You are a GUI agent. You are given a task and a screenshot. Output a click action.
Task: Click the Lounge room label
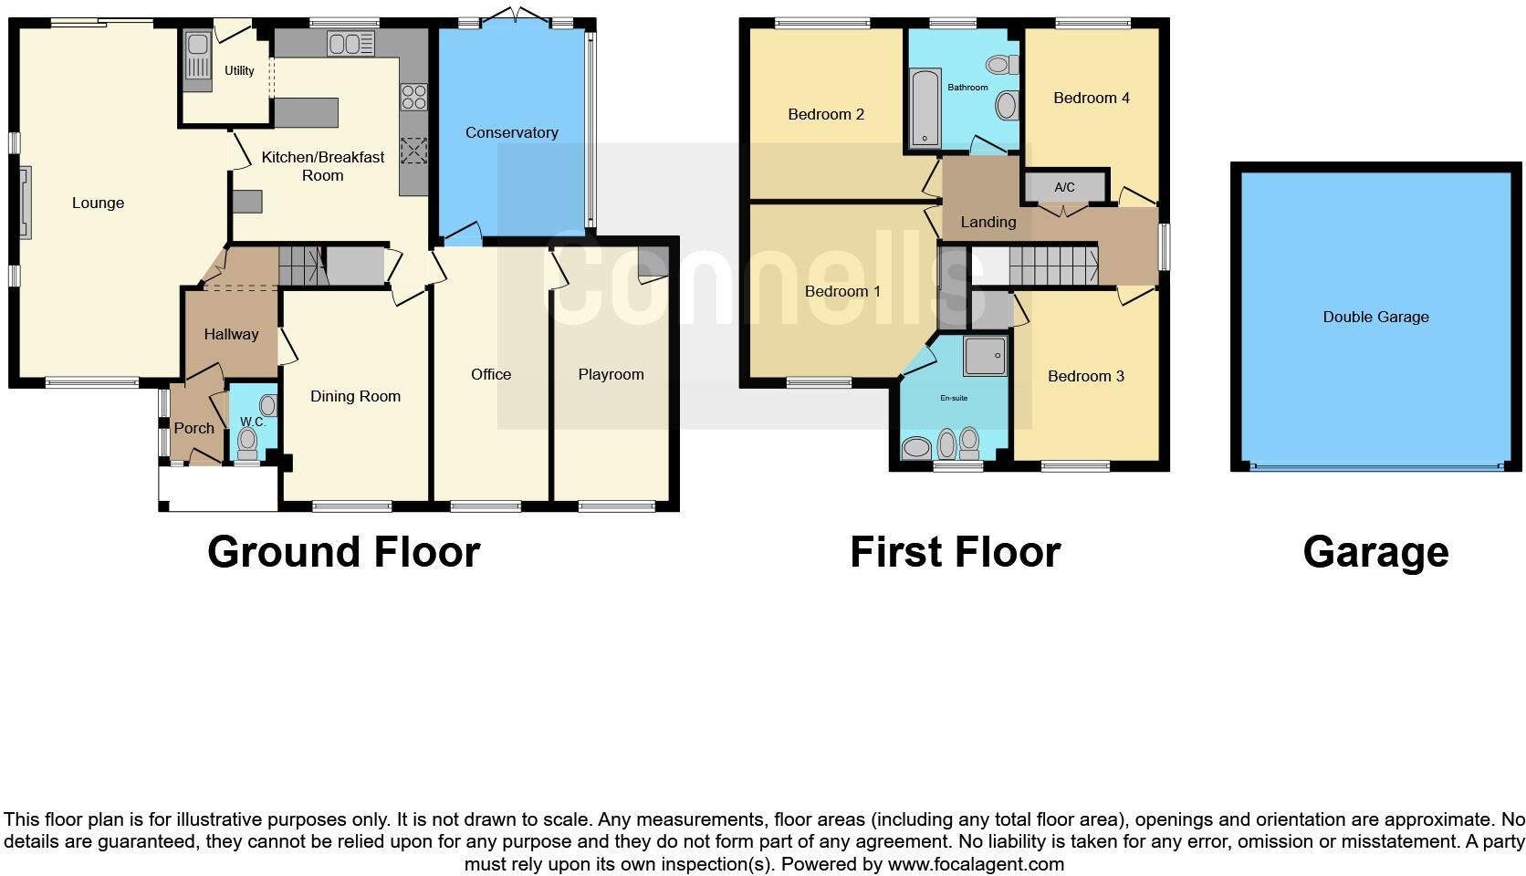[98, 203]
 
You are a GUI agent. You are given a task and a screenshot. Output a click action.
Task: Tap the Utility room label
[239, 70]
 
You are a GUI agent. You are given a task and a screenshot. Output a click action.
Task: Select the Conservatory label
[511, 132]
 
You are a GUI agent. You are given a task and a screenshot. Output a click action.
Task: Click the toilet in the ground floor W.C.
[247, 443]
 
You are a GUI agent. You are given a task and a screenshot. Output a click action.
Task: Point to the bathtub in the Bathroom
[925, 108]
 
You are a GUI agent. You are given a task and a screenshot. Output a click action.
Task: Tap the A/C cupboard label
[1064, 187]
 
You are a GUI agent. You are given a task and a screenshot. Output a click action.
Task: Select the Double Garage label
[1375, 317]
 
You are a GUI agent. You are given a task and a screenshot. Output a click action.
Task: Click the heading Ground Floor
[343, 552]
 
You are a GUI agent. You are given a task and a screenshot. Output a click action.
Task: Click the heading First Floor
[955, 552]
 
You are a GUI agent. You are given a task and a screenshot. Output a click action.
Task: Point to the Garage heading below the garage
[1375, 552]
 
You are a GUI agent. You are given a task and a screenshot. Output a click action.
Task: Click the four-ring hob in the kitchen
[413, 97]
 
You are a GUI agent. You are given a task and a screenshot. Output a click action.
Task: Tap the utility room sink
[197, 57]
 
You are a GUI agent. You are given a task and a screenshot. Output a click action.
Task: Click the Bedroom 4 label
[1091, 98]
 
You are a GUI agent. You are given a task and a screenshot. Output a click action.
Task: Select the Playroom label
[611, 374]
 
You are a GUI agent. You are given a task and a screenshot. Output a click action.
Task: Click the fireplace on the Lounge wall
[24, 203]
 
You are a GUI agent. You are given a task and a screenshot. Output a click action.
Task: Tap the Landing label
[988, 222]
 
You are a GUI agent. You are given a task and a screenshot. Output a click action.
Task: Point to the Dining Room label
[355, 396]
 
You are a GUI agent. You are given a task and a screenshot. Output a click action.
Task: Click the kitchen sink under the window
[351, 43]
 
